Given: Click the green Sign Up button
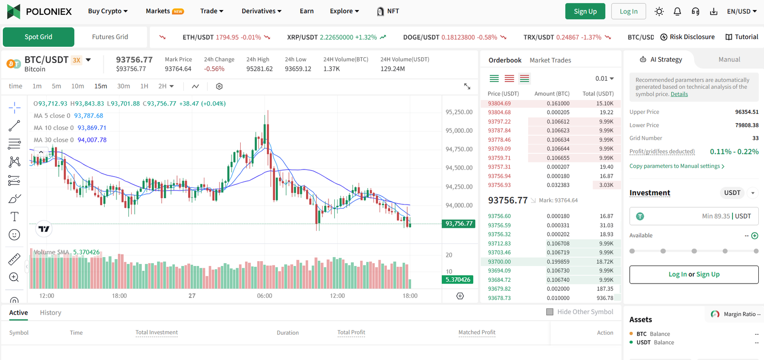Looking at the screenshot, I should (585, 11).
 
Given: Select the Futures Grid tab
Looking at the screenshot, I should (110, 37).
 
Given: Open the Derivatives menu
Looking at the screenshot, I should (261, 11).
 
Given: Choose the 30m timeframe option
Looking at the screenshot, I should (124, 86).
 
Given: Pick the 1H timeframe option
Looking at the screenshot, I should (144, 86).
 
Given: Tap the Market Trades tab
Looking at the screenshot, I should (550, 60).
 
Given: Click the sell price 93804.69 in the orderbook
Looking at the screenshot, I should (499, 104).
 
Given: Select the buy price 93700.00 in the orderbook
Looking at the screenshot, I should (499, 262).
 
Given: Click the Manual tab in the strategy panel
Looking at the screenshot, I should (729, 60).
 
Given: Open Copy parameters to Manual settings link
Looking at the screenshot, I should (677, 166).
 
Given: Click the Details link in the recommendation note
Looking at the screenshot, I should (679, 95).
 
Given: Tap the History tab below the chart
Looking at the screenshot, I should (51, 313).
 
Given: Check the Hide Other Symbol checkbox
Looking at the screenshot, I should (550, 312).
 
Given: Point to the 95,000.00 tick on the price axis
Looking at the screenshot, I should (459, 131).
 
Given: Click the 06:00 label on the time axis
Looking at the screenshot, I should (265, 296).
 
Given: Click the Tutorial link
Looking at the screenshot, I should (742, 37).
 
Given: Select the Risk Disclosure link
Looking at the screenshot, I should (688, 37).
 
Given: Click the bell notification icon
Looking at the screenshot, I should (677, 11).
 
